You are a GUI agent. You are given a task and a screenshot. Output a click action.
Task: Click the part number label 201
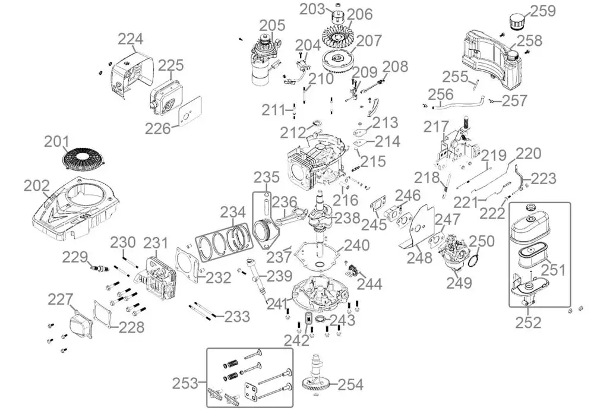click(x=57, y=141)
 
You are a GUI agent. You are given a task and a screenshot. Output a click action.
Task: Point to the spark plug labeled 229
click(x=100, y=269)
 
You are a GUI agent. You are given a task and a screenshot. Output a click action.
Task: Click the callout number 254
click(x=350, y=384)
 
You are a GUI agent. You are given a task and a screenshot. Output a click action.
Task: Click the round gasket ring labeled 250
click(x=473, y=261)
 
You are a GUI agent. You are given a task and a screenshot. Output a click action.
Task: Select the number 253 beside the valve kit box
click(x=185, y=383)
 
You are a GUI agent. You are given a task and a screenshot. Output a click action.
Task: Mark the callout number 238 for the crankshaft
click(x=347, y=218)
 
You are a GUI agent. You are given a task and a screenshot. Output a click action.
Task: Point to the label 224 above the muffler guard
click(x=130, y=39)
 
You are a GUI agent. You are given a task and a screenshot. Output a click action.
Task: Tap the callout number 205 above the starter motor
click(x=272, y=26)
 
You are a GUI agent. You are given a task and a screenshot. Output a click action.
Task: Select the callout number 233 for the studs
click(x=237, y=316)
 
